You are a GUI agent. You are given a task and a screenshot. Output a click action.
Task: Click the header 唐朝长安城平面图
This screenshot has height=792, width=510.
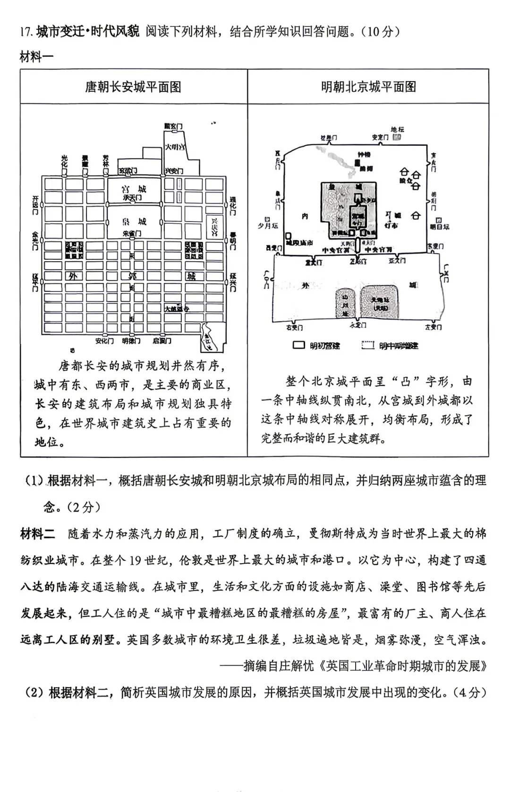pos(133,87)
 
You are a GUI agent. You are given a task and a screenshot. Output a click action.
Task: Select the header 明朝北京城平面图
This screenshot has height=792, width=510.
pos(368,87)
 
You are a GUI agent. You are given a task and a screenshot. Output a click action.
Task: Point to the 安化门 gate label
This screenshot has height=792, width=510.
pos(104,341)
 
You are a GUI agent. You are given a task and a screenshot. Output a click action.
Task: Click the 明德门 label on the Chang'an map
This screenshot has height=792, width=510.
pos(131,341)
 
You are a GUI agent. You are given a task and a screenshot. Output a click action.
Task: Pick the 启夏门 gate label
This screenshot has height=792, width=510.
pos(162,341)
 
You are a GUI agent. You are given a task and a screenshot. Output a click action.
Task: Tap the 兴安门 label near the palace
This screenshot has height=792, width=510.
pos(173,171)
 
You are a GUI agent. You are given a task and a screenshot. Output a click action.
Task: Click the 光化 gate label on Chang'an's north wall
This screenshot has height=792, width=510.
pos(65,161)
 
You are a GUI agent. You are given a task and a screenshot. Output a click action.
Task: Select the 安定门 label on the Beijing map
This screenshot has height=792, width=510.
pos(380,137)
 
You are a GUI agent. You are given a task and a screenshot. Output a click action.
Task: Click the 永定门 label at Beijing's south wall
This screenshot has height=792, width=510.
pos(358,325)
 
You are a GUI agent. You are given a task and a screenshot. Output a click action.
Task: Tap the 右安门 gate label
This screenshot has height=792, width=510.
pos(294,327)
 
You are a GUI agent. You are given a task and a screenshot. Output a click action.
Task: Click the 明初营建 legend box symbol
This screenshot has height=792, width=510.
pos(299,345)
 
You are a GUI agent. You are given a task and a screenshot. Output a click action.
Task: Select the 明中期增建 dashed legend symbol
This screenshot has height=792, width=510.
pos(368,345)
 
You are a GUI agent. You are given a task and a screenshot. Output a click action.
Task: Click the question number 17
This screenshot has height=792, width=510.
pos(25,32)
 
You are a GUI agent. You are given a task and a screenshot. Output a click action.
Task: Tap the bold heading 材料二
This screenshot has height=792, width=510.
pos(37,534)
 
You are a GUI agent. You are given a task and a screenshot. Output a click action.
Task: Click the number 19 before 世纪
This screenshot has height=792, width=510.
pos(135,560)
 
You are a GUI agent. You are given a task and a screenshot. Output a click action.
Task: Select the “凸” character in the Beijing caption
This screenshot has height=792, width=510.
pos(405,382)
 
